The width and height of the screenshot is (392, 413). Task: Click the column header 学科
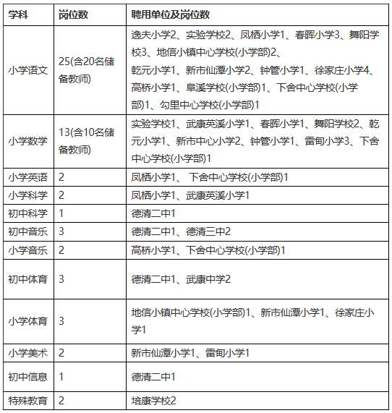click(20, 14)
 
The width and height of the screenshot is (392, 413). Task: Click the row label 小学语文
click(27, 70)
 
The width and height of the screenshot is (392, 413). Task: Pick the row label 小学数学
click(27, 142)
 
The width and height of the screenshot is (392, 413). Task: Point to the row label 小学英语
click(27, 177)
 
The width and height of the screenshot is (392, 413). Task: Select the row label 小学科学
click(27, 195)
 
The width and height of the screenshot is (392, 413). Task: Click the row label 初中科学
click(27, 213)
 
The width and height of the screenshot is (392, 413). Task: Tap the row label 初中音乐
click(27, 231)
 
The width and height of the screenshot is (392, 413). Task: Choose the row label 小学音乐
click(27, 250)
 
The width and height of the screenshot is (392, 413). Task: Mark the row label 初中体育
click(27, 279)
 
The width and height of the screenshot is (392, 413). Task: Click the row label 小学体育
click(27, 320)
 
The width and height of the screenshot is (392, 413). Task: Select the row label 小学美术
click(27, 353)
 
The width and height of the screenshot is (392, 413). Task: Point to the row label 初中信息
click(27, 377)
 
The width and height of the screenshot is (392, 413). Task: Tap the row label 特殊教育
click(27, 401)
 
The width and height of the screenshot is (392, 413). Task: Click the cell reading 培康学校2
click(154, 401)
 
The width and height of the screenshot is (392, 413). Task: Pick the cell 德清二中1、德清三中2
click(181, 231)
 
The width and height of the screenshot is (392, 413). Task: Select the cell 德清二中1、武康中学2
click(181, 279)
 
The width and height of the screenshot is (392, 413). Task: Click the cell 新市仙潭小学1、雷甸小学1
click(190, 353)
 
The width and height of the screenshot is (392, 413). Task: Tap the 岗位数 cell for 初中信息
click(61, 377)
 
